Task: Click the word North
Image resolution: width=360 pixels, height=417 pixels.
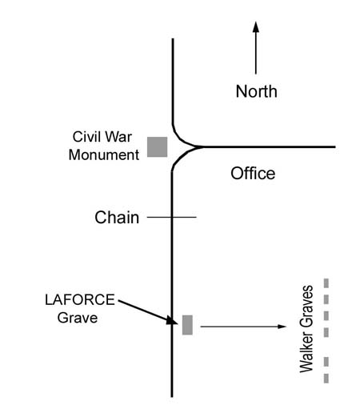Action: [x=257, y=91]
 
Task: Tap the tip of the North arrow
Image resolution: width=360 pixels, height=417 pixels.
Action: [x=256, y=22]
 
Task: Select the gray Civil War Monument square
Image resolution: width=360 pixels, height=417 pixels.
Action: [x=158, y=147]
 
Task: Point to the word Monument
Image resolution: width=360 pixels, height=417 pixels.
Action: [x=104, y=154]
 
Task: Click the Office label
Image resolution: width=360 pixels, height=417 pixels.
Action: [x=253, y=174]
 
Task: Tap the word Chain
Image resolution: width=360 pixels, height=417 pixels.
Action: [x=117, y=218]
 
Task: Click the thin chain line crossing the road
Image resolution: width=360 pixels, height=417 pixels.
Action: [x=172, y=217]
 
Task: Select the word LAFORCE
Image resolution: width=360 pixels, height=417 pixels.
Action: [x=80, y=300]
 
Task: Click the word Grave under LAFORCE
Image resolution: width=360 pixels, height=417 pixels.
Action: [x=78, y=318]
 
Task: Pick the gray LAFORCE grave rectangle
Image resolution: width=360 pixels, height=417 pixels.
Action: [x=187, y=325]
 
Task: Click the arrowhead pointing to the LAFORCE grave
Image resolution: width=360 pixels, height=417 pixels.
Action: [x=171, y=321]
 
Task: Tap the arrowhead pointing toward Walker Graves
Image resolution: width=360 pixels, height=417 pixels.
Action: [x=282, y=327]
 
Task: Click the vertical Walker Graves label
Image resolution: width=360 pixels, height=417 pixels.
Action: [x=306, y=329]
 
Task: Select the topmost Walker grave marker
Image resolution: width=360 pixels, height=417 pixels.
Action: [x=326, y=283]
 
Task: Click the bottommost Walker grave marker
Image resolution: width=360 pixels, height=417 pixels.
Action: [x=326, y=379]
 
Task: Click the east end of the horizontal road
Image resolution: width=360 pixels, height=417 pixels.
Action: [x=335, y=146]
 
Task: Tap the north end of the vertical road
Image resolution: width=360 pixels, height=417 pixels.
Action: [x=173, y=39]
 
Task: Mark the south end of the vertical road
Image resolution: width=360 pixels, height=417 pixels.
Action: [x=172, y=396]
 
